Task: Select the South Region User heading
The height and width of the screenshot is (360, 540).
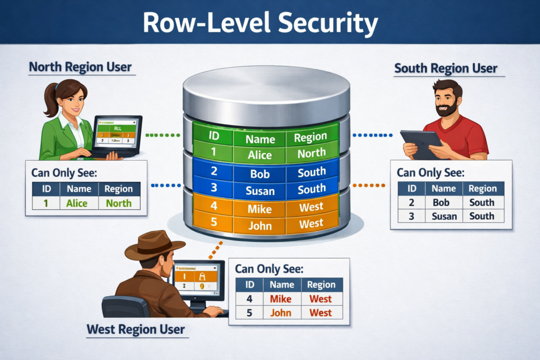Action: point(446,69)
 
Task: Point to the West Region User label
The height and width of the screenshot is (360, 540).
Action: point(136,330)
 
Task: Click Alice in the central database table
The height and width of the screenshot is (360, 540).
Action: point(260,155)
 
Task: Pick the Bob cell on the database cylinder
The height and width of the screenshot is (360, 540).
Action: point(259,173)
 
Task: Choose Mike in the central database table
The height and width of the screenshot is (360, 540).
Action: point(260,209)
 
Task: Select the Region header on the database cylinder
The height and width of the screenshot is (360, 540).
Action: point(311,138)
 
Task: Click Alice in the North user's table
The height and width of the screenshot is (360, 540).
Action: point(77,203)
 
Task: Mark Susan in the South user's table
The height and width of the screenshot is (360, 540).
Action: point(444,216)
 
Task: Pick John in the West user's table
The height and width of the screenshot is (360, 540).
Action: point(281,313)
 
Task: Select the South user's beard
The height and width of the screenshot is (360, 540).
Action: point(447,110)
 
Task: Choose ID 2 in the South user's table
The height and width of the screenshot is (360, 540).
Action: point(413,202)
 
